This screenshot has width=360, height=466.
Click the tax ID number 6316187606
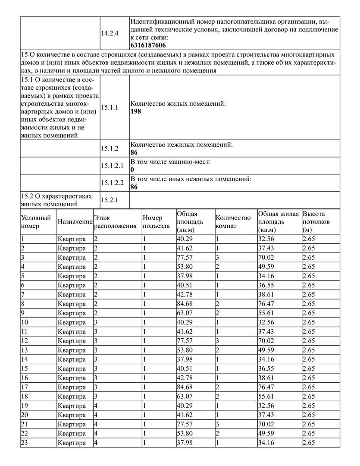(148, 45)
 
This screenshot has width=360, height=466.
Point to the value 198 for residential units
(135, 111)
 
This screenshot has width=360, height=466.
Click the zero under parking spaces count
(132, 170)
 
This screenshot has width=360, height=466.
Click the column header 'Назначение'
(75, 221)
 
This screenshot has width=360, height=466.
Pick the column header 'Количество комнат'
(233, 222)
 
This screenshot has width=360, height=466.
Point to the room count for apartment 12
(218, 341)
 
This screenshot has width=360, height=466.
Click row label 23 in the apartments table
(25, 443)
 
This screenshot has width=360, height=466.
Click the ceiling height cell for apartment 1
(309, 239)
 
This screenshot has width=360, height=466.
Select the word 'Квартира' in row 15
(72, 368)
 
